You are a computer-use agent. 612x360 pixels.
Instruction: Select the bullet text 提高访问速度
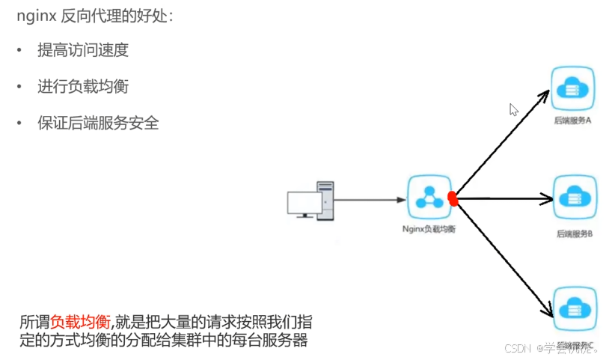[83, 50]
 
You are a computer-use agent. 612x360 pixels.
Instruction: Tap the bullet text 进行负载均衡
[83, 87]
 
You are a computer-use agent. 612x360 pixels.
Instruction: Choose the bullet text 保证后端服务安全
[98, 123]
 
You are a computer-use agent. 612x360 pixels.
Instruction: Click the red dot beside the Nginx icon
[452, 198]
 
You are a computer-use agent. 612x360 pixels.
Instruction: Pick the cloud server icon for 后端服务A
[572, 88]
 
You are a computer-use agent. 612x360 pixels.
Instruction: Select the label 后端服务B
[574, 234]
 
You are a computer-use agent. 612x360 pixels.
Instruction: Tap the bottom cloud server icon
[574, 309]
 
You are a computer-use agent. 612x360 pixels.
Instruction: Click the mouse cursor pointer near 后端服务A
[514, 109]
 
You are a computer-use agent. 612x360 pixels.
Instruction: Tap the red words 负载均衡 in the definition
[80, 323]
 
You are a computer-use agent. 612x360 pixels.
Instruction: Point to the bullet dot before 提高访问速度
[21, 51]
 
